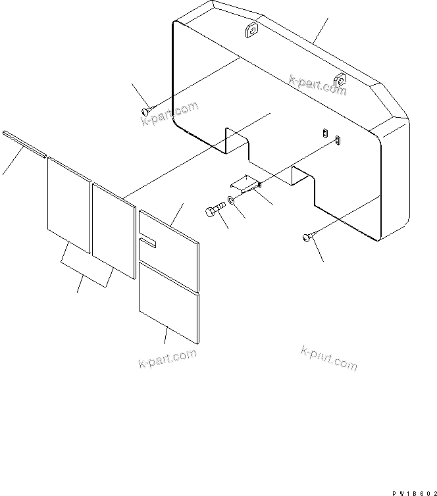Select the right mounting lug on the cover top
pos(340,81)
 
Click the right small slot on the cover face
pos(338,139)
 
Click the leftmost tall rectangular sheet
pos(68,203)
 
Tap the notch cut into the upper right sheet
pos(147,244)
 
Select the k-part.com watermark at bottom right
pos(329,357)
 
